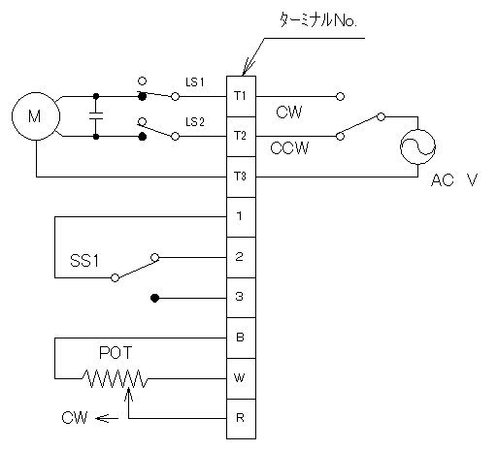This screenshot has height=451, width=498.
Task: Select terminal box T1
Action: pos(241,96)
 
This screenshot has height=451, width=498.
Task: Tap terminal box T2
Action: pos(241,137)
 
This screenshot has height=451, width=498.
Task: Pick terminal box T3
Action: pos(241,177)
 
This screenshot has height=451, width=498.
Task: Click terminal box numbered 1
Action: pos(241,217)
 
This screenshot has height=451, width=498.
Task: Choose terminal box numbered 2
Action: pos(241,258)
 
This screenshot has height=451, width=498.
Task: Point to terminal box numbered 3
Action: pos(241,298)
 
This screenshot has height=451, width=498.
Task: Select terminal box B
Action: pos(241,338)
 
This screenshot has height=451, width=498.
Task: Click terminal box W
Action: pos(241,378)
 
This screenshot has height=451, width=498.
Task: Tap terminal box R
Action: pos(241,419)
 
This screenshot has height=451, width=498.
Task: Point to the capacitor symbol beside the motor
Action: pos(96,116)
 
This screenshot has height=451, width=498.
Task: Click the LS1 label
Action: pos(195,82)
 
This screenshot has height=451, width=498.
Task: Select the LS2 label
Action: pos(195,122)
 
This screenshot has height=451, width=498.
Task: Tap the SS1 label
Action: pos(84,261)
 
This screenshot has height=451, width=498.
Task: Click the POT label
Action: pos(116,353)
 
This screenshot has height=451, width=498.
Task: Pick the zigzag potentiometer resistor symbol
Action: pos(115,378)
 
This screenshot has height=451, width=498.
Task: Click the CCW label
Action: pos(289,148)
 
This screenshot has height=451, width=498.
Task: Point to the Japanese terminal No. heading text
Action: pos(318,20)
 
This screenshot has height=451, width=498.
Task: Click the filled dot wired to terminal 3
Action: pos(155,298)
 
